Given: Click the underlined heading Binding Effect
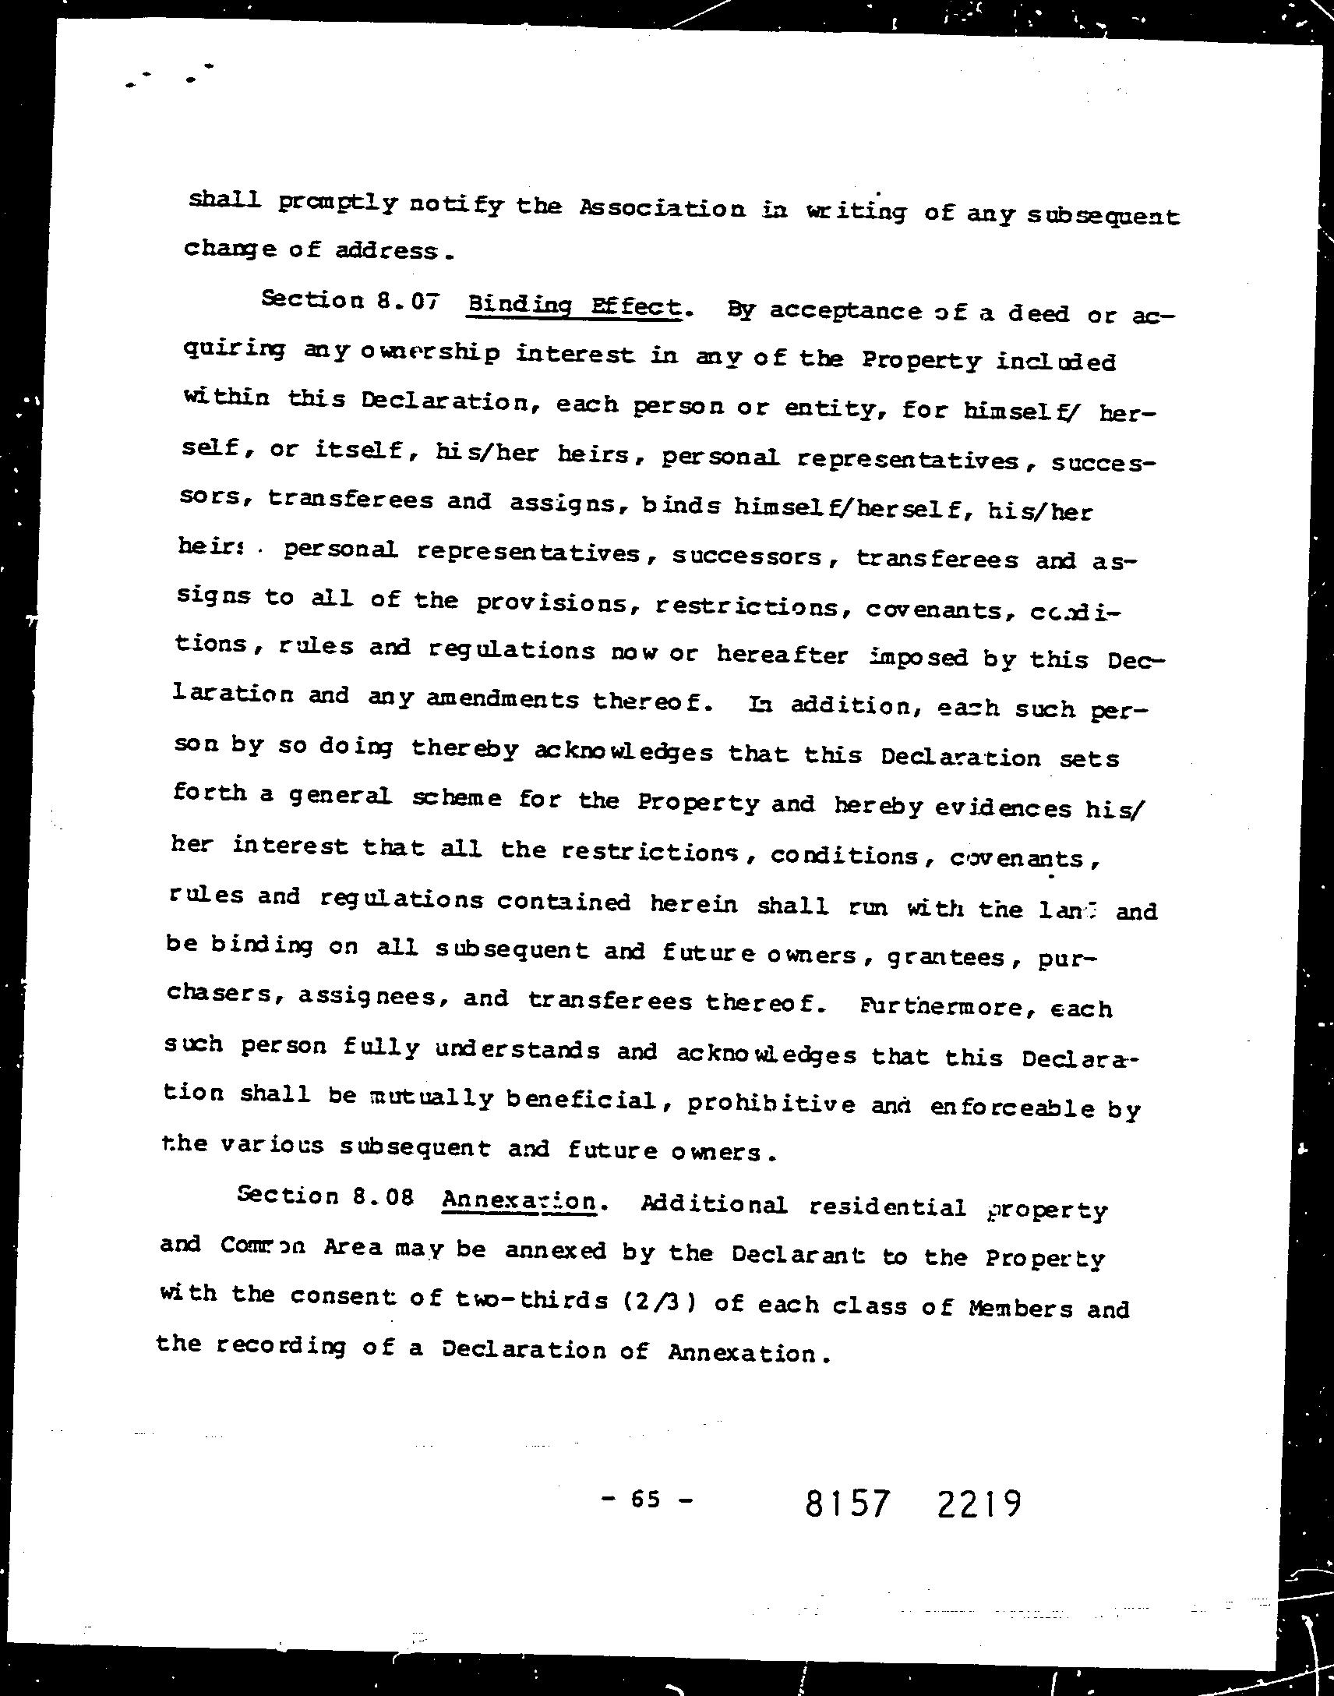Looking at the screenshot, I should [x=574, y=306].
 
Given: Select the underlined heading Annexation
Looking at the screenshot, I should [x=519, y=1201].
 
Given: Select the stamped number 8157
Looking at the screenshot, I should [x=848, y=1503].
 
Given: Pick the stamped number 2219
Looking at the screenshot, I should [x=978, y=1503].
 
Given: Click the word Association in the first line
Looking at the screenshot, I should [x=662, y=209].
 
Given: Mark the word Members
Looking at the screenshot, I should [x=1020, y=1308].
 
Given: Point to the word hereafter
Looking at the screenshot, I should [x=782, y=655].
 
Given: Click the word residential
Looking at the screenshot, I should [x=888, y=1207].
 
